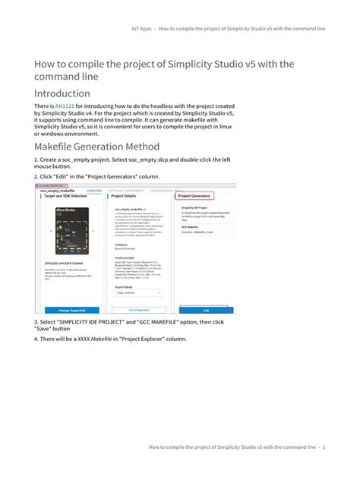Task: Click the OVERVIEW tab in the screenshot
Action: [x=94, y=190]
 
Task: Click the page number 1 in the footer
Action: [x=324, y=447]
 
